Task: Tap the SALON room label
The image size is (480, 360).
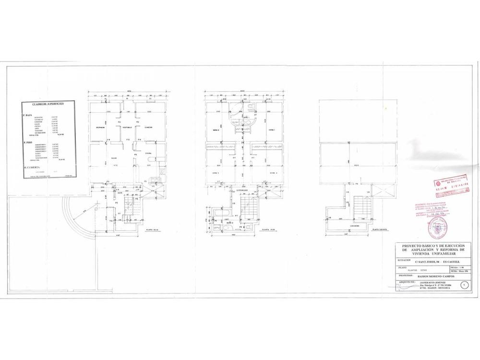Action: (x=114, y=158)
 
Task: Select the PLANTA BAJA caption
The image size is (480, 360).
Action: (x=153, y=230)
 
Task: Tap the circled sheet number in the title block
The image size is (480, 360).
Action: (x=464, y=285)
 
